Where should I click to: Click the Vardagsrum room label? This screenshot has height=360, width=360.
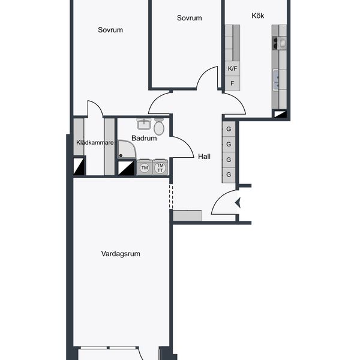(x=121, y=254)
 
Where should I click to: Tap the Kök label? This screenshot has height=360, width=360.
(x=257, y=16)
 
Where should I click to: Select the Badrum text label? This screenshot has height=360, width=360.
(x=144, y=138)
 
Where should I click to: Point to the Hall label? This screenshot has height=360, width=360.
(x=204, y=157)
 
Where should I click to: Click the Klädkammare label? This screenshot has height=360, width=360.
(x=95, y=143)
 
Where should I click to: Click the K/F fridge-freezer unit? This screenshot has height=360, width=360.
(x=232, y=68)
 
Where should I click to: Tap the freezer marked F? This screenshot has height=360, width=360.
(x=232, y=83)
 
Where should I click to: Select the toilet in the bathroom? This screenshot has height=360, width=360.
(x=159, y=127)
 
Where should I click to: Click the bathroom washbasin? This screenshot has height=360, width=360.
(x=144, y=124)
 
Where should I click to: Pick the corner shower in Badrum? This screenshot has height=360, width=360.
(x=127, y=149)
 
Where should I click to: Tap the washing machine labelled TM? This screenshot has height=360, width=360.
(x=145, y=167)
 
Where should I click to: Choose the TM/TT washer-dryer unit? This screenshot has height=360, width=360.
(x=160, y=167)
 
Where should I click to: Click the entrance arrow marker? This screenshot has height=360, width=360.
(x=238, y=203)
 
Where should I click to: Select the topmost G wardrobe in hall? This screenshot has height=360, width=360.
(x=229, y=129)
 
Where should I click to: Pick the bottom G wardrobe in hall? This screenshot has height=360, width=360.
(x=229, y=175)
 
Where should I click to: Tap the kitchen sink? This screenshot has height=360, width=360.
(x=276, y=80)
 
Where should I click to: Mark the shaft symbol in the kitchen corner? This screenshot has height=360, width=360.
(x=280, y=114)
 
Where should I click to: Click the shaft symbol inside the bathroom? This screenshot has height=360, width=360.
(x=126, y=168)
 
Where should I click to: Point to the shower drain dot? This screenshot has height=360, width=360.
(x=121, y=155)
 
